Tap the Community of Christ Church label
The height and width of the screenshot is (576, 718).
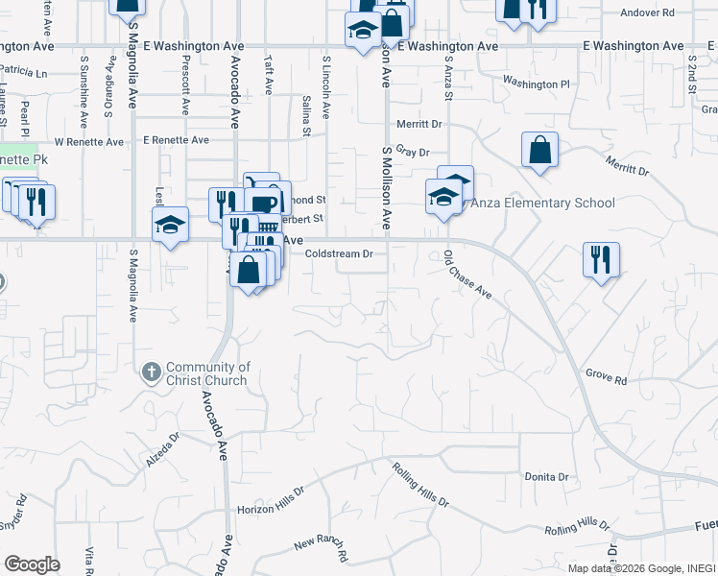(x=208, y=373)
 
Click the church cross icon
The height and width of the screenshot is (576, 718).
(x=151, y=372)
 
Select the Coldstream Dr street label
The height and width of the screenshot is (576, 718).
(x=345, y=254)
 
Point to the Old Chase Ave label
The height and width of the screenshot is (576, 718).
(x=467, y=275)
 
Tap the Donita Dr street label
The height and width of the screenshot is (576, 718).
(x=546, y=476)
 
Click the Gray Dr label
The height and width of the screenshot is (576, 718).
(x=412, y=152)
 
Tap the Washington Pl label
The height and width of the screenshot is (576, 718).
(x=536, y=84)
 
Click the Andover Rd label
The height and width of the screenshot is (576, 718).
(x=648, y=12)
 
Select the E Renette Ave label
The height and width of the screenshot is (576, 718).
(x=176, y=140)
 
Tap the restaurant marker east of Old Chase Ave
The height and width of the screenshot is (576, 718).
(x=601, y=260)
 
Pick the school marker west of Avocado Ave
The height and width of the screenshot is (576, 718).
(x=171, y=226)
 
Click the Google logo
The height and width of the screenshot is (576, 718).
(x=32, y=564)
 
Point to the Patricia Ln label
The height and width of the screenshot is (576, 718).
(x=23, y=72)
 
